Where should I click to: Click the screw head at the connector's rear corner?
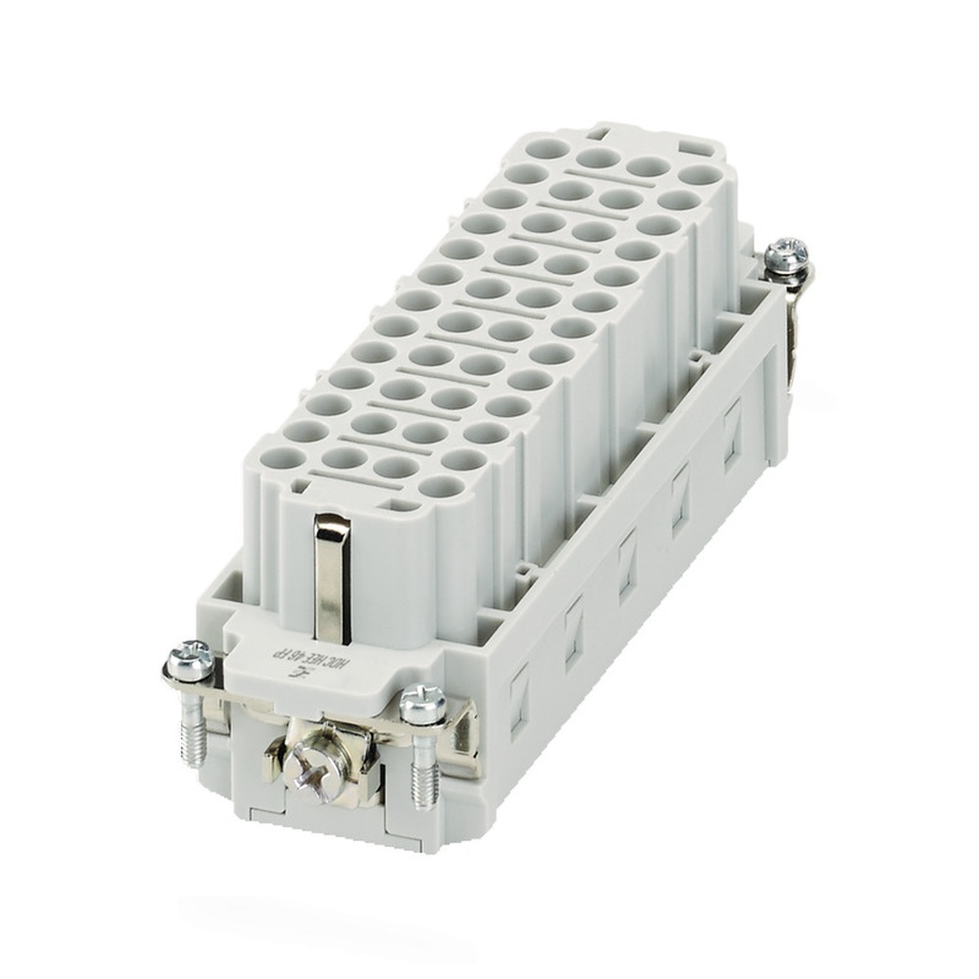click(786, 254)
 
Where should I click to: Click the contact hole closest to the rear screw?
click(696, 176)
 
